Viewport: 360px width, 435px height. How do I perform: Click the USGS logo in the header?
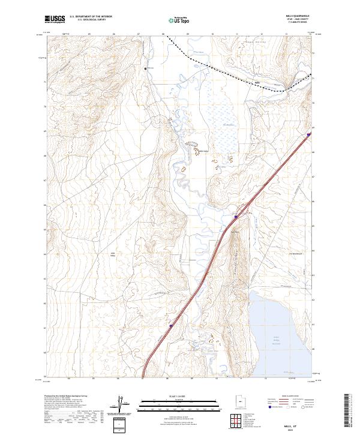(x=55, y=19)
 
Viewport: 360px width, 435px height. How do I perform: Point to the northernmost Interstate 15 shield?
(x=308, y=135)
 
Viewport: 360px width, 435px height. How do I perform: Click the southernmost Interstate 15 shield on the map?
(x=170, y=326)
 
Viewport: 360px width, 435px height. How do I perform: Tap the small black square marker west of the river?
(x=145, y=68)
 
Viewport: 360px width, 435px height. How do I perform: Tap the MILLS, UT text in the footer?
(x=292, y=424)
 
